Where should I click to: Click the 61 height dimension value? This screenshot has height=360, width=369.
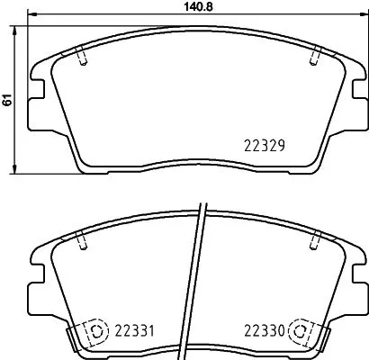[x=7, y=101]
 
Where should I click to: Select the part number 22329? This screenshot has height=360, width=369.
[x=265, y=145]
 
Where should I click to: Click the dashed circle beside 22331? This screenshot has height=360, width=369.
[x=94, y=330]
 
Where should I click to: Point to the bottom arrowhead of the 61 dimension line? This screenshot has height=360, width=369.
[x=17, y=169]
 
